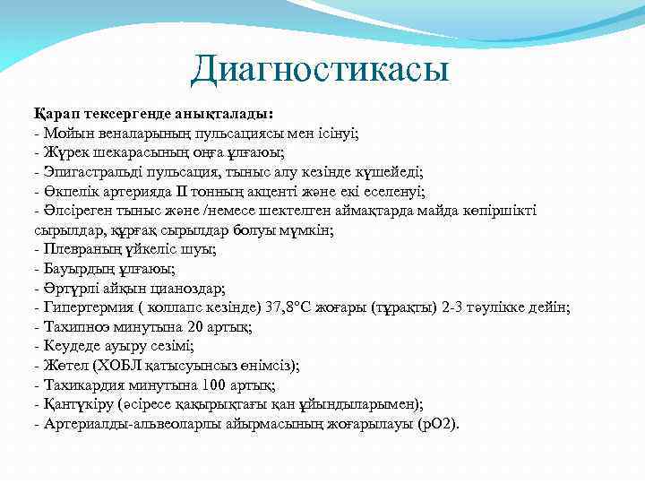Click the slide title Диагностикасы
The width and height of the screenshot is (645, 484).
pyautogui.click(x=320, y=69)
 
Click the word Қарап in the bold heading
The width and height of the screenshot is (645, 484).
pyautogui.click(x=56, y=114)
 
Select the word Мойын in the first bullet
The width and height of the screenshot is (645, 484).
pyautogui.click(x=63, y=133)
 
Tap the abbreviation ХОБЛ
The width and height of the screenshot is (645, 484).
pyautogui.click(x=112, y=366)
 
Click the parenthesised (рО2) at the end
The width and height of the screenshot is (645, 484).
pyautogui.click(x=435, y=424)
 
